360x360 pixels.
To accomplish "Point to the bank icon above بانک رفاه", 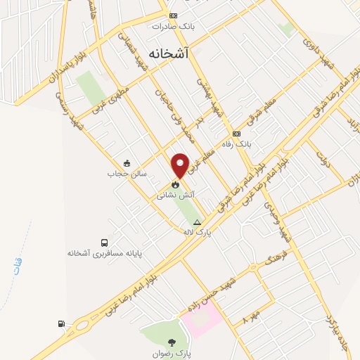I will (236, 134).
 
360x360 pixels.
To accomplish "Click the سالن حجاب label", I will (121, 173).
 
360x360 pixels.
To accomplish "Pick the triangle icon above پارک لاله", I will (197, 221).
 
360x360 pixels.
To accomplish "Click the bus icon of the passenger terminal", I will (104, 242).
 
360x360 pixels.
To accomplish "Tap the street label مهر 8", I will (251, 315).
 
